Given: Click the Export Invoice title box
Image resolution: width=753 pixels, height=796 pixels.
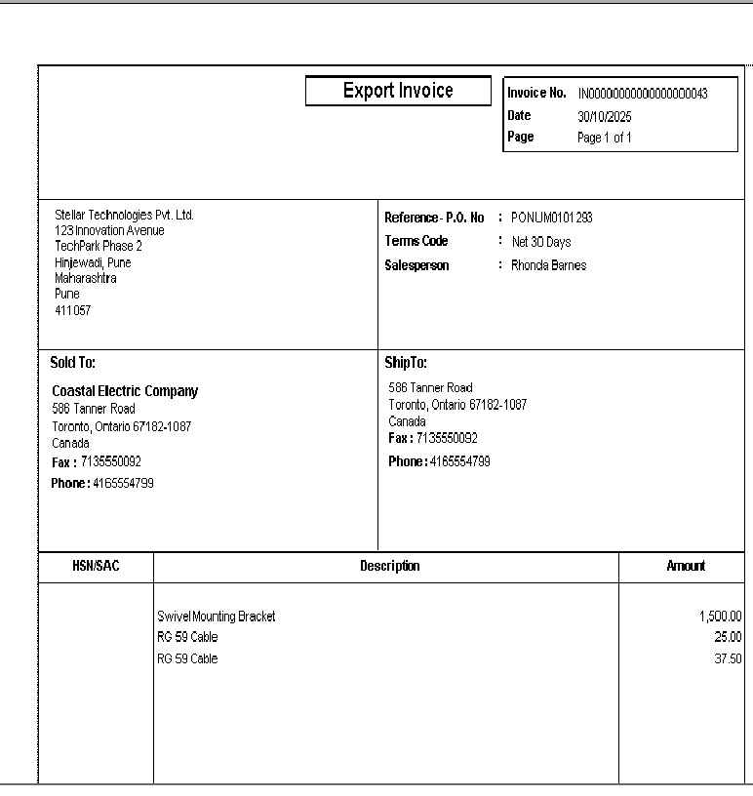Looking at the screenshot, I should pos(398,91).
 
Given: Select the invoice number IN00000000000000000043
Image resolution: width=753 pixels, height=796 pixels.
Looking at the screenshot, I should pos(642,94).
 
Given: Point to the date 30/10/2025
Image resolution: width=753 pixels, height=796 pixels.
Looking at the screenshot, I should pos(605,116).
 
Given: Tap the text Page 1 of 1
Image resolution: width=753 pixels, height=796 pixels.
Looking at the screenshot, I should pos(604,138).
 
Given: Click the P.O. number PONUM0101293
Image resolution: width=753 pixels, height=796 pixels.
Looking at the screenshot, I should pos(551,218).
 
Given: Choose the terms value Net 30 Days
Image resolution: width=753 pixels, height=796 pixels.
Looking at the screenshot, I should pos(541,242).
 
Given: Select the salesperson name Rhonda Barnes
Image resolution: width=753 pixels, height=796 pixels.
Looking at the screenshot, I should pos(548,265).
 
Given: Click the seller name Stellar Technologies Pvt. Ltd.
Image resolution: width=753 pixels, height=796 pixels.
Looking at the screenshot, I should pos(124,215).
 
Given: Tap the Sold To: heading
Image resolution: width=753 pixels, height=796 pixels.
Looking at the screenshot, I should pos(73,363).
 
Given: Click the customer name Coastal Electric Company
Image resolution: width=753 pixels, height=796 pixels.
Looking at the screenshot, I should pos(125,391).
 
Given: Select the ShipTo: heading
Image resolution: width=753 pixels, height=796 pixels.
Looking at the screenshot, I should pos(406,363).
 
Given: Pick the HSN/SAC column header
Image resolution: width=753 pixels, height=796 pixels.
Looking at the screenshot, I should pos(97,566).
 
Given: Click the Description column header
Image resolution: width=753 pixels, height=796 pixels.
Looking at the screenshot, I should pos(389,566).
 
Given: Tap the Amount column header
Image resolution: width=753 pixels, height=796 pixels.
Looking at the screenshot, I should pos(686,566).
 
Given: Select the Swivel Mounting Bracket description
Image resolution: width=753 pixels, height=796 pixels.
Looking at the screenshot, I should pos(217,617).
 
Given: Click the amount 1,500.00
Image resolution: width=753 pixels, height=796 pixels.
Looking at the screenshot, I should pos(720,617).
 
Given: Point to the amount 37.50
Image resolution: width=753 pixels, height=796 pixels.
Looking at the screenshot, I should pos(728,658).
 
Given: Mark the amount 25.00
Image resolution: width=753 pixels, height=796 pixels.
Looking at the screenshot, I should pos(728,637).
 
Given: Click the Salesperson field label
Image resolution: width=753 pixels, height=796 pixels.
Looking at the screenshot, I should pos(416,265).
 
